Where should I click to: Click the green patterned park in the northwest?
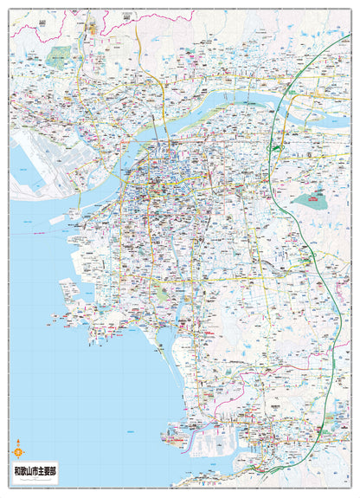pyautogui.click(x=59, y=57)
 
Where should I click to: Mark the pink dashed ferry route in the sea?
pyautogui.click(x=35, y=232)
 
